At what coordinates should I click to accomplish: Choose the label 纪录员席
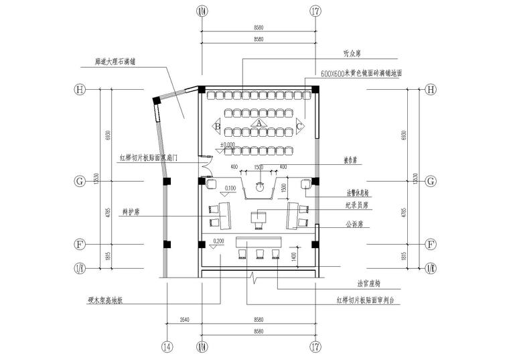point(358,206)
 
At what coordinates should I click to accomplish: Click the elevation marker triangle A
point(258,123)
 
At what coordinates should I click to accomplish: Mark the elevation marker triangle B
point(217,125)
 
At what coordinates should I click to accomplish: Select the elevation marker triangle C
point(300,125)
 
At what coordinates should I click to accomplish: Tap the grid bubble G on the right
point(431,181)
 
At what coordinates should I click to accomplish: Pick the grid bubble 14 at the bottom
point(167,346)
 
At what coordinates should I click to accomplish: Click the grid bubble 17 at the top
point(315,11)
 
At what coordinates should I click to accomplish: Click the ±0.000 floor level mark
point(227,144)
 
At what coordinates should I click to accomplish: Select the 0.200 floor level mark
point(218,240)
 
